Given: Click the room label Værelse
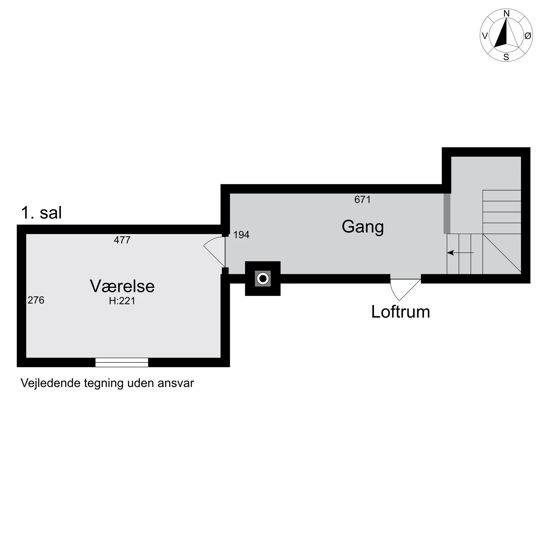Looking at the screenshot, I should [122, 286].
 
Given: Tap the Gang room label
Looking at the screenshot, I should [362, 227].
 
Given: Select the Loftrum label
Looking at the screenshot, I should [400, 312].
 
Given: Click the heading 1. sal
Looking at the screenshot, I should [41, 213].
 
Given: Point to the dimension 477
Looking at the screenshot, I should [122, 240].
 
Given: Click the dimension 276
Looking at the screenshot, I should [36, 300].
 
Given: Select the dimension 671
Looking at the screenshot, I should [362, 200].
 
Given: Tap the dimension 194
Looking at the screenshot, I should [241, 235].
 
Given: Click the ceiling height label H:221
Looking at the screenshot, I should [122, 301].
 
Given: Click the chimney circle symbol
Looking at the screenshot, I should [263, 279].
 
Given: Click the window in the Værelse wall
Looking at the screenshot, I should [122, 362].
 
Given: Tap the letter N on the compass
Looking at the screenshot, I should [506, 14].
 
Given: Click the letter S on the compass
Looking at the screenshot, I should [506, 57].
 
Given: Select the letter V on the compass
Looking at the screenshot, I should [485, 36].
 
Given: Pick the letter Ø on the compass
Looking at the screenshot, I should [527, 36].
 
